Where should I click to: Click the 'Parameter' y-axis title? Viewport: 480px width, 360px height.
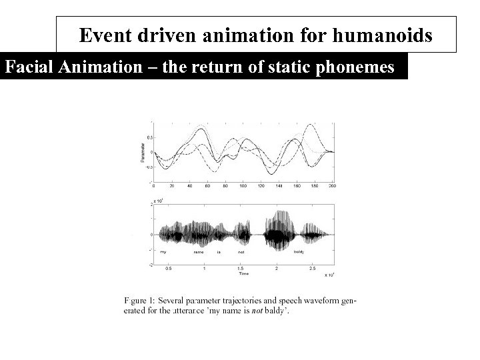point(143,152)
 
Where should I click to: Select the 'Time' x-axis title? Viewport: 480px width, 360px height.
point(244,273)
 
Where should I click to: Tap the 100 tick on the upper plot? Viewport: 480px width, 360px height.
point(243,185)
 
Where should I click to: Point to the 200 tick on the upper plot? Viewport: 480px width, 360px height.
point(333,185)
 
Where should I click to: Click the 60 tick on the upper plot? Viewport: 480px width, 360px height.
point(207,185)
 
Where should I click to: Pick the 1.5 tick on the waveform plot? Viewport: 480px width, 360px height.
point(240,269)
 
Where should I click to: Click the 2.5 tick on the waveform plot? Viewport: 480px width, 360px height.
point(312,269)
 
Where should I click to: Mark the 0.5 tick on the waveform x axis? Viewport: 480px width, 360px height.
point(168,269)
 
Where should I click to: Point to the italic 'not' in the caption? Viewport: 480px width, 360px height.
point(254,311)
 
